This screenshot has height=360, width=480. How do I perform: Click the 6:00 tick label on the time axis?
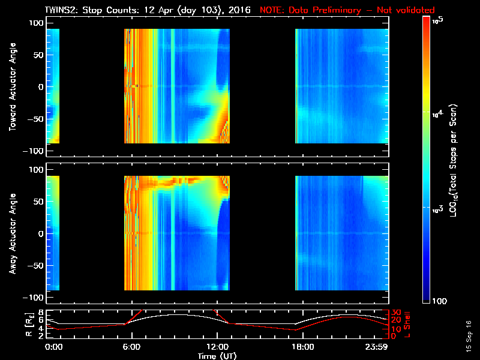click(131, 347)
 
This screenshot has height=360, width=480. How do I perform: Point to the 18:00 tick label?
click(302, 347)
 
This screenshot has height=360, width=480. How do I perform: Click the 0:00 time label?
click(53, 347)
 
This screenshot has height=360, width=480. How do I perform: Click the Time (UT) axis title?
click(217, 355)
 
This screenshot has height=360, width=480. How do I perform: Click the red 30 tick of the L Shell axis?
click(395, 313)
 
